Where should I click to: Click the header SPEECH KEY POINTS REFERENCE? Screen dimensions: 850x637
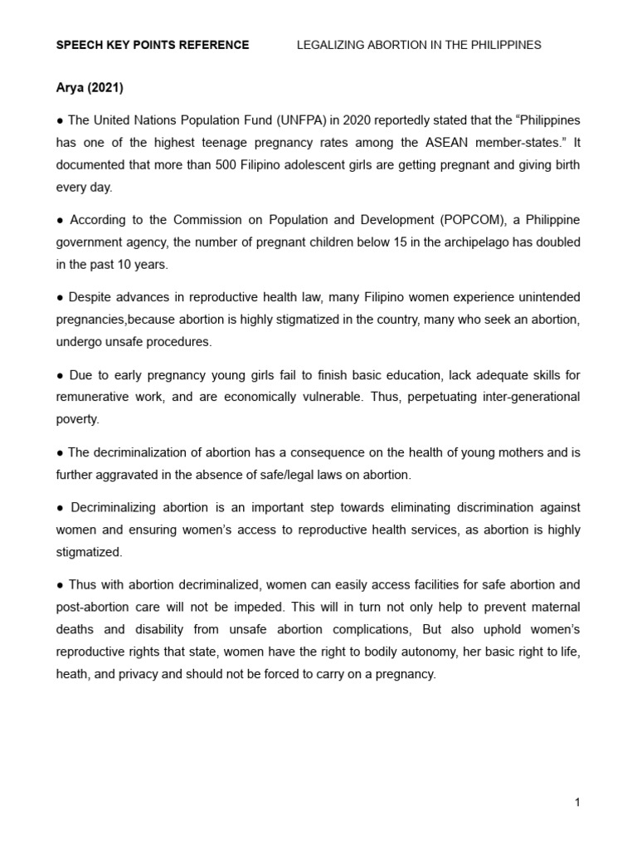tap(152, 45)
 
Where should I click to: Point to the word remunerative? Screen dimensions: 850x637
tap(95, 397)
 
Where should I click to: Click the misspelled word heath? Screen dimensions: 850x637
tap(73, 674)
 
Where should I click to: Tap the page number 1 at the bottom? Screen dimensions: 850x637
tap(576, 802)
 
